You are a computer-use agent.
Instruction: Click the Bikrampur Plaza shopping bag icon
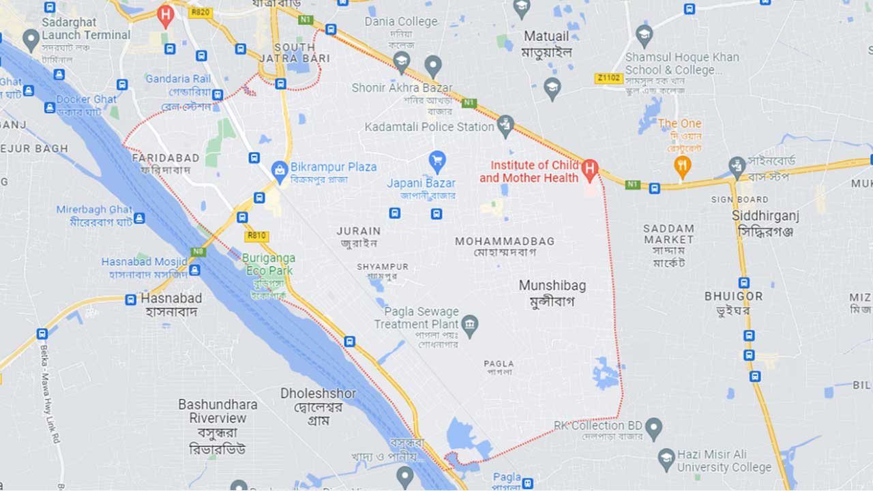pos(279,171)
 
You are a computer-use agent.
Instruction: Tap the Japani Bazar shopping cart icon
pos(437,162)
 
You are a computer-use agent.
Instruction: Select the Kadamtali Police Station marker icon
pos(505,125)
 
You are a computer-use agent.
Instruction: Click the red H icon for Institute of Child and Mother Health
pos(590,168)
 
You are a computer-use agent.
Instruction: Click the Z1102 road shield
pos(608,78)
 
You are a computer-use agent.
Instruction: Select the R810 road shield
pos(256,236)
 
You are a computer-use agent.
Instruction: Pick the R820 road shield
pos(201,12)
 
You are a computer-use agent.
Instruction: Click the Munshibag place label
pos(552,286)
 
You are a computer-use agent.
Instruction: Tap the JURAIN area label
pos(359,231)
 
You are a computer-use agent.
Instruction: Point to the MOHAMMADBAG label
pos(505,241)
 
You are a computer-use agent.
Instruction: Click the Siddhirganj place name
pos(765,215)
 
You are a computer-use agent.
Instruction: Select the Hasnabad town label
pos(171,298)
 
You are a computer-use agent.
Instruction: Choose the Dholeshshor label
pos(318,393)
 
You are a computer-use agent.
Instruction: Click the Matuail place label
pos(546,35)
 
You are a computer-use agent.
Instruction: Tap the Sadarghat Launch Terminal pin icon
pos(31,39)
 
